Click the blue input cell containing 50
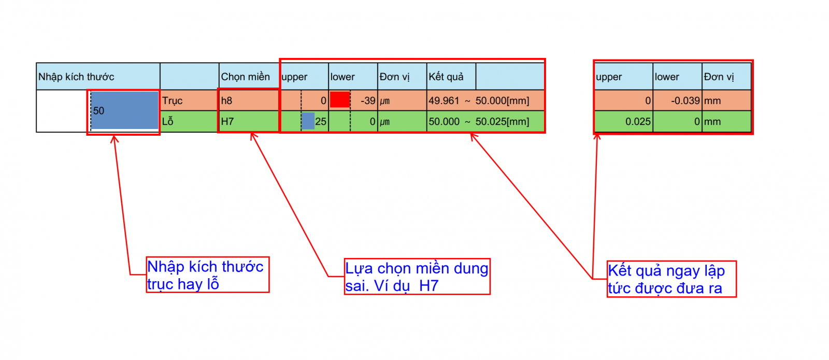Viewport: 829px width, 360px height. pyautogui.click(x=125, y=111)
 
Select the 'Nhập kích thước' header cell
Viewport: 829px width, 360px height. pyautogui.click(x=98, y=77)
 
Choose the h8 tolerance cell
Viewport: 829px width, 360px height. pyautogui.click(x=248, y=100)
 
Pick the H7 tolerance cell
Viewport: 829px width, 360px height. pyautogui.click(x=248, y=121)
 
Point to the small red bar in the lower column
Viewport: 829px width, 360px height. pyautogui.click(x=340, y=100)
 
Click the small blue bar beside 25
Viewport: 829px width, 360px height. pyautogui.click(x=308, y=121)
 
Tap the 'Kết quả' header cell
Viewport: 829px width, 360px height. pyautogui.click(x=451, y=77)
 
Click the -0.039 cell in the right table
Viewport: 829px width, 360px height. pyautogui.click(x=677, y=100)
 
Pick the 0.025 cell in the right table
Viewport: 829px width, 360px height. pyautogui.click(x=624, y=121)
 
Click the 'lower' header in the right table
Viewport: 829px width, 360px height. pyautogui.click(x=677, y=77)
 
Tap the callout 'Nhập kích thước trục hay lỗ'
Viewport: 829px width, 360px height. pyautogui.click(x=208, y=275)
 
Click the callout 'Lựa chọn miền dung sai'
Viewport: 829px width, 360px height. pyautogui.click(x=417, y=277)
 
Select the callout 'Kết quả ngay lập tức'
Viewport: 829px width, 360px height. pyautogui.click(x=671, y=279)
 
